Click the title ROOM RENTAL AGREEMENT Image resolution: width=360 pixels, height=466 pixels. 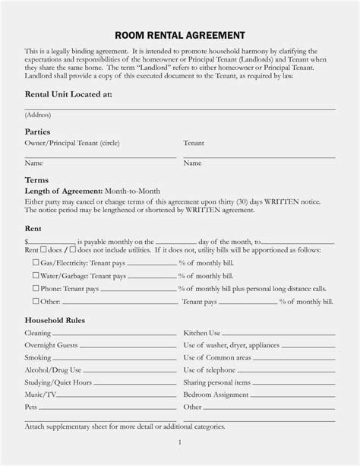(x=179, y=35)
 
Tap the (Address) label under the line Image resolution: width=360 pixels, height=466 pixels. (x=38, y=114)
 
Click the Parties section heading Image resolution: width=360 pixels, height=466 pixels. (x=38, y=132)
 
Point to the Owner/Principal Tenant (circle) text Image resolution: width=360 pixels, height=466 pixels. (x=72, y=143)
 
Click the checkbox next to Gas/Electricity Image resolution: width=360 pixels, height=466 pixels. (x=36, y=262)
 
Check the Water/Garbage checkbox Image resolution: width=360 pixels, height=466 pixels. (x=36, y=275)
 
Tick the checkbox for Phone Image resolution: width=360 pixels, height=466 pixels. (x=36, y=289)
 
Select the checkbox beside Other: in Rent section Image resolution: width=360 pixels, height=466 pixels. (x=36, y=302)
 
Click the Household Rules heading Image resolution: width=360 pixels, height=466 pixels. (x=55, y=320)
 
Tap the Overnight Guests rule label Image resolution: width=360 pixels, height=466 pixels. (x=51, y=345)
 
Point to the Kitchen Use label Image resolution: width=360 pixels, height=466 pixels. (x=202, y=333)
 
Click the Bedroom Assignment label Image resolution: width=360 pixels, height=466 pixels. (x=216, y=395)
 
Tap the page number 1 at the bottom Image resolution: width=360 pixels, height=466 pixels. (x=179, y=442)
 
